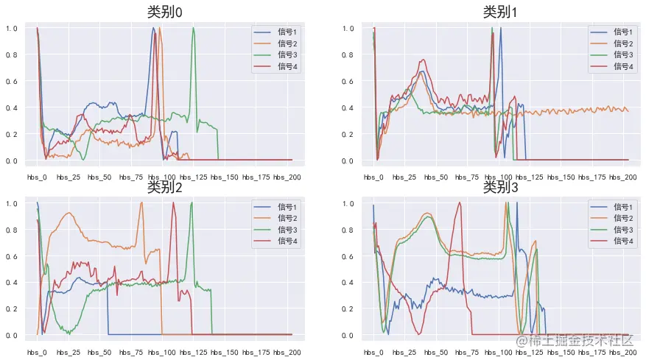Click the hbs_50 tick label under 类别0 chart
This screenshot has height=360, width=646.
pyautogui.click(x=99, y=177)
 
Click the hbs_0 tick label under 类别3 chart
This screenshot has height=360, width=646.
pyautogui.click(x=374, y=353)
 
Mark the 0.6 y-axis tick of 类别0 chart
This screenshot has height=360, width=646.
pyautogui.click(x=12, y=82)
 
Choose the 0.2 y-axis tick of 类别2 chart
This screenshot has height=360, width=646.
pyautogui.click(x=12, y=309)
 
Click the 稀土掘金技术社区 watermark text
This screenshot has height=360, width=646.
pyautogui.click(x=574, y=341)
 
